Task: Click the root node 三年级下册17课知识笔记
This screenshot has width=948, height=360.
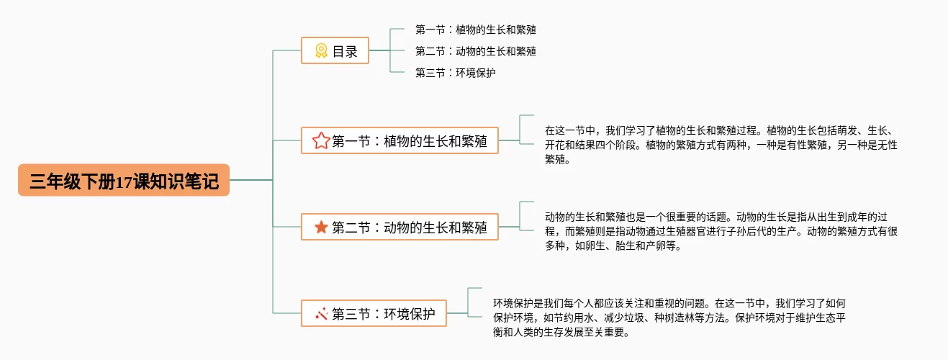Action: [x=124, y=180]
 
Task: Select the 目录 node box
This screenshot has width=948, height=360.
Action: [x=335, y=51]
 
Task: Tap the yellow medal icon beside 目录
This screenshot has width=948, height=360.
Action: [x=321, y=51]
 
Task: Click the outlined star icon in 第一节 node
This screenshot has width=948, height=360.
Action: [x=321, y=141]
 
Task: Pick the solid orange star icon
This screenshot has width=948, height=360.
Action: [x=321, y=228]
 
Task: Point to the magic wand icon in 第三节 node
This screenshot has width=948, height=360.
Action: [x=321, y=314]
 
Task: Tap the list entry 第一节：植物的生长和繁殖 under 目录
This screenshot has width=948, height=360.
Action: [x=475, y=30]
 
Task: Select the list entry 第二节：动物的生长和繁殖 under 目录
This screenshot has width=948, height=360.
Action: [x=475, y=52]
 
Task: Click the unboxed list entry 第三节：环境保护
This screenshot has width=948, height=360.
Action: [x=455, y=73]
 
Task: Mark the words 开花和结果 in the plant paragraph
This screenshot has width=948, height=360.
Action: [x=571, y=145]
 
